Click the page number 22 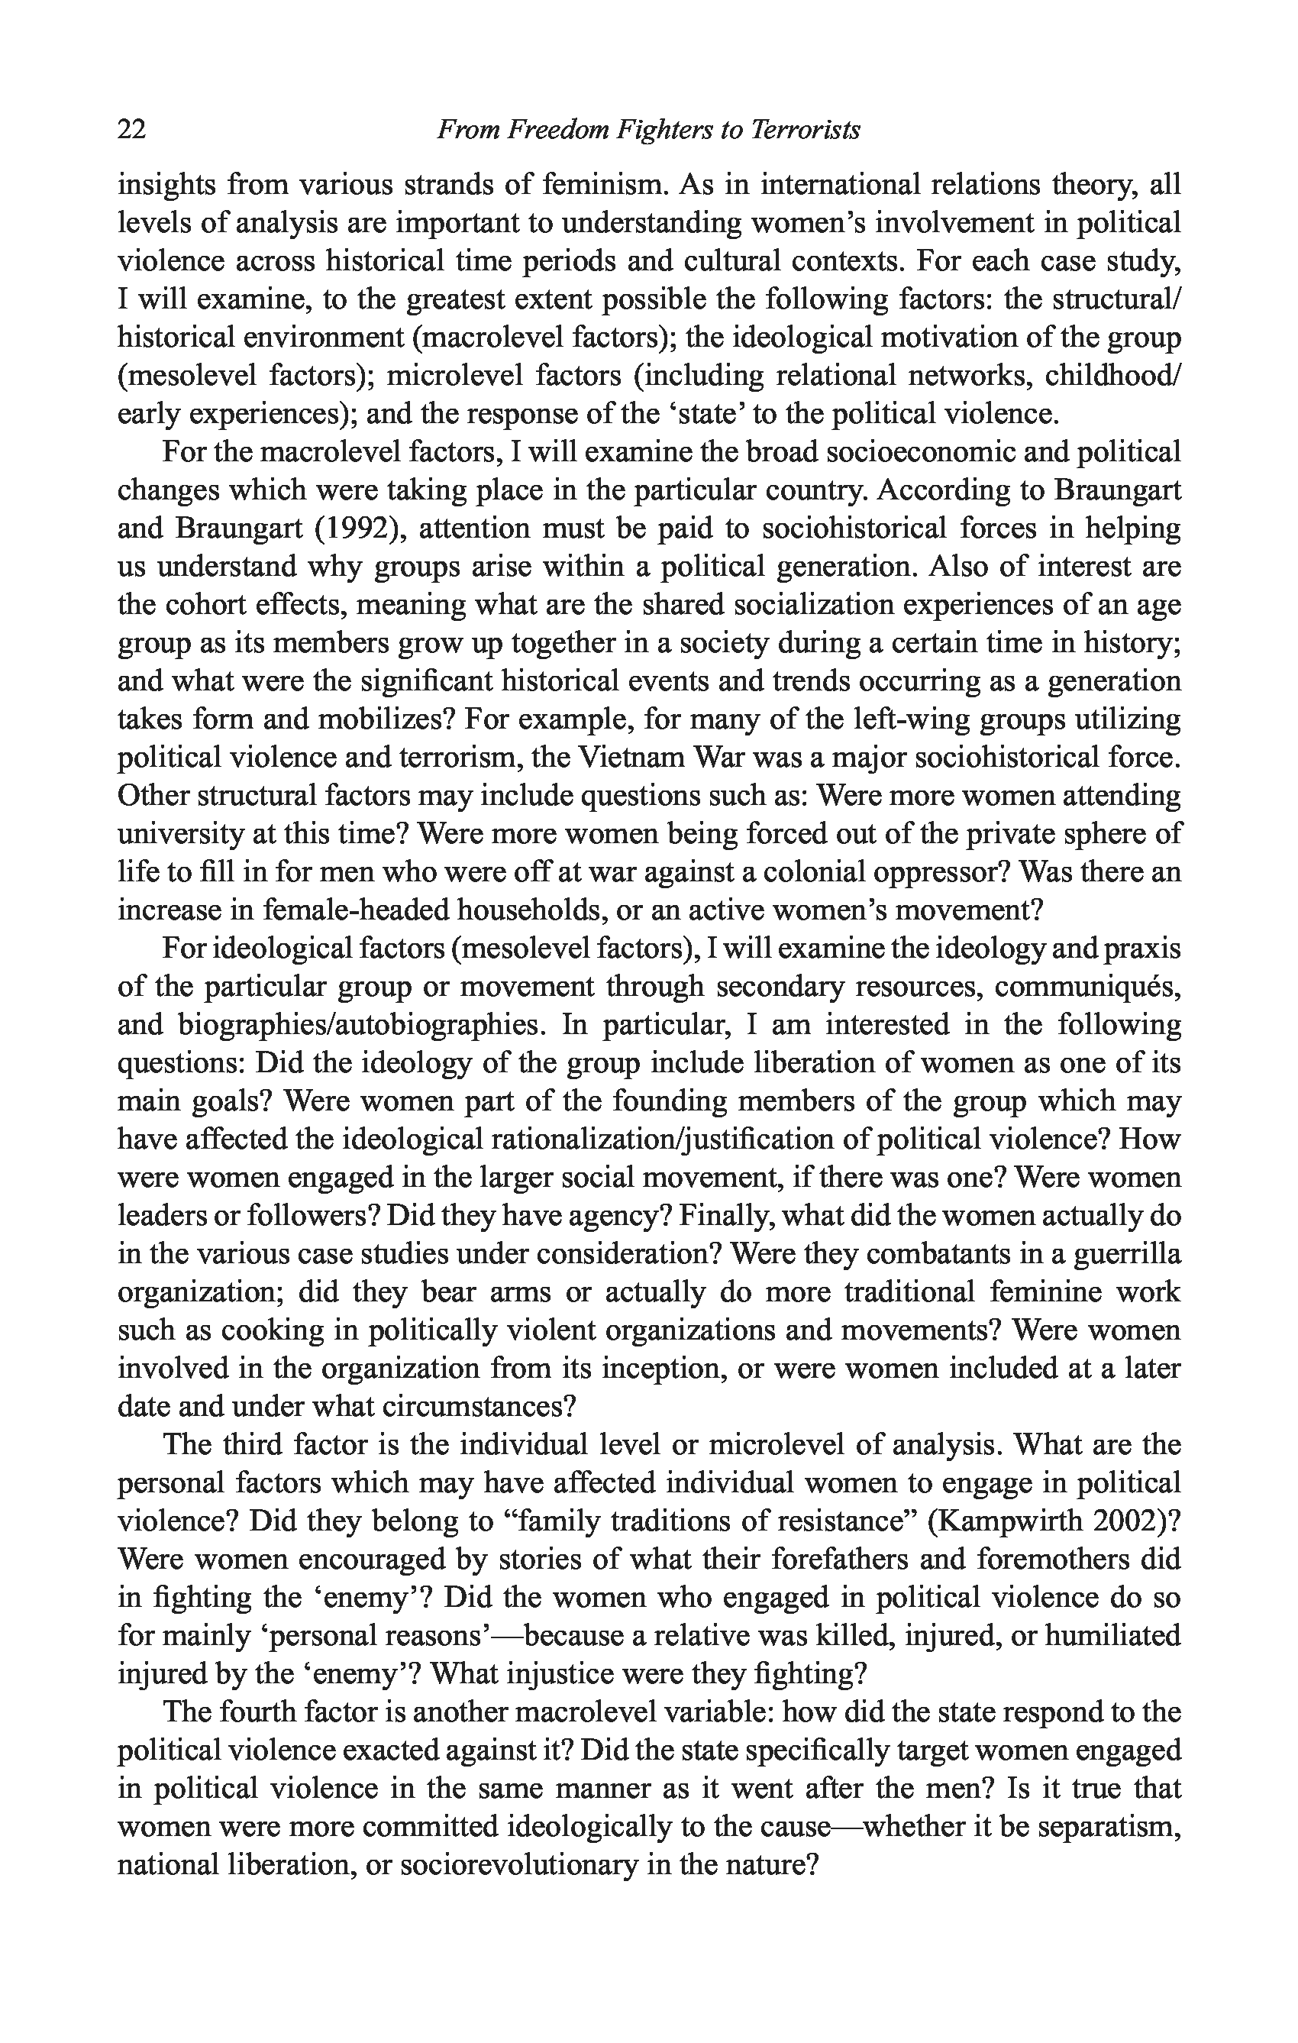131,130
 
